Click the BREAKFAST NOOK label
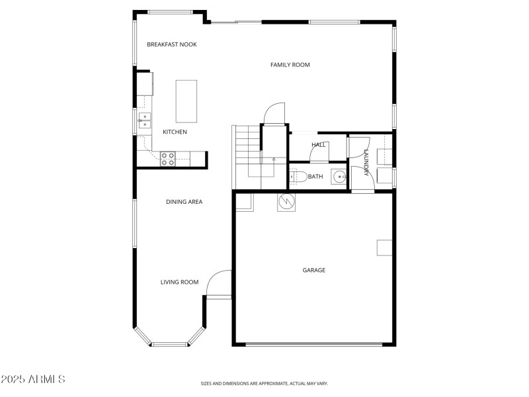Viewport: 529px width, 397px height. [x=172, y=44]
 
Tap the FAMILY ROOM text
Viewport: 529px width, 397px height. [x=290, y=65]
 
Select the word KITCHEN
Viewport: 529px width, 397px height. [x=175, y=132]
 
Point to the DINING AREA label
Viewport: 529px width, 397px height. [x=184, y=202]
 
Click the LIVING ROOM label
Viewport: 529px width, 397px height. [x=179, y=282]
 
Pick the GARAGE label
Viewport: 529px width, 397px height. [x=314, y=270]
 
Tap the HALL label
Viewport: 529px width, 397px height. [x=319, y=144]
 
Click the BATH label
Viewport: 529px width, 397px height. [x=315, y=177]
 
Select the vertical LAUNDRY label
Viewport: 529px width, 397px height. [x=365, y=162]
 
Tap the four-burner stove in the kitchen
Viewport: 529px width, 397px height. [x=168, y=158]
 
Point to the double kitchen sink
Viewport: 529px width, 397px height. [x=143, y=120]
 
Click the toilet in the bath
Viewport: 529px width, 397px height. [x=296, y=177]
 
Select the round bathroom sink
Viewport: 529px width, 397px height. [x=339, y=177]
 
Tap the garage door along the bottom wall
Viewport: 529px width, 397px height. [x=313, y=344]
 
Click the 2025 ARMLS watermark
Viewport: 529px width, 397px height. [x=33, y=380]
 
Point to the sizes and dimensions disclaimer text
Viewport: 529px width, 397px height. [x=264, y=383]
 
